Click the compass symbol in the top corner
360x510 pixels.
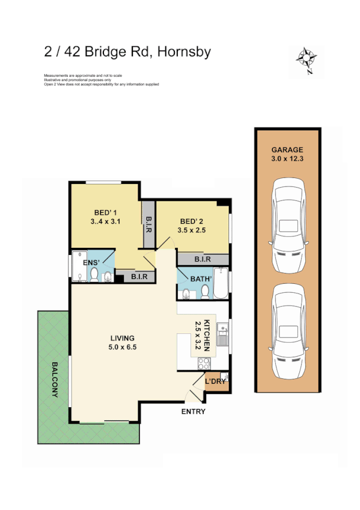[307, 59]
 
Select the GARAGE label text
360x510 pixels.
[287, 150]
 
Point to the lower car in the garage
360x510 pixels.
[287, 331]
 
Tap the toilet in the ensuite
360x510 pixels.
[107, 277]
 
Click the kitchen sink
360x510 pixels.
[222, 336]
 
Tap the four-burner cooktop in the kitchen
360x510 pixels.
[204, 363]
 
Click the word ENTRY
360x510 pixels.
[193, 412]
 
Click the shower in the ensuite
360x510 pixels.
[79, 267]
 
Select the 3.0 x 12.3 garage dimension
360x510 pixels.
[287, 159]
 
